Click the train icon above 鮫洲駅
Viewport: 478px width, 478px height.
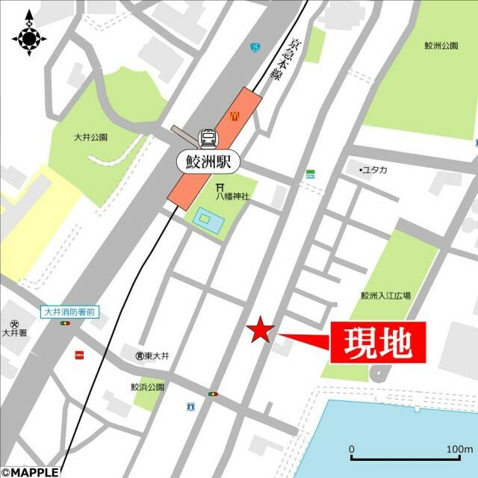208,138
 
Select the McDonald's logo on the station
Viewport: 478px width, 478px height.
234,116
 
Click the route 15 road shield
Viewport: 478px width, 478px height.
256,49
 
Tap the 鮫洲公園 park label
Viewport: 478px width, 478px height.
440,46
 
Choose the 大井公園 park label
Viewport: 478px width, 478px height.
90,137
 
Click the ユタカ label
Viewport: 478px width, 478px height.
374,170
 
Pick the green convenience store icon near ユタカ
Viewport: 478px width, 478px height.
310,174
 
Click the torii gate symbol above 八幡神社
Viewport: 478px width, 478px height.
220,187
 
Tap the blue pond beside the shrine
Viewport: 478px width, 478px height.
204,219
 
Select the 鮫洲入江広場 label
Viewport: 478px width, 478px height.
385,296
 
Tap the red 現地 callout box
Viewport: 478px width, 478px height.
377,343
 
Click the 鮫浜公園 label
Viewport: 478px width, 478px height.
147,388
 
